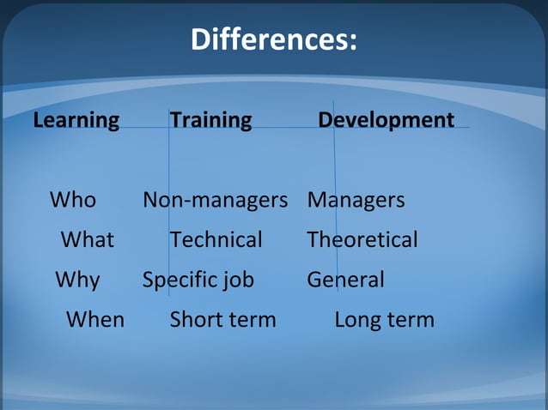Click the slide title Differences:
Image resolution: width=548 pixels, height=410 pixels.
[273, 39]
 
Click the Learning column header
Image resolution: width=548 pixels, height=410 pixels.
[76, 120]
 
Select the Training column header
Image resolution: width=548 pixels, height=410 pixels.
[210, 120]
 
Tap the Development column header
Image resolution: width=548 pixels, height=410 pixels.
[386, 120]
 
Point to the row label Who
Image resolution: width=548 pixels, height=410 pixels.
[73, 201]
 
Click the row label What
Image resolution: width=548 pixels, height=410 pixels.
[87, 240]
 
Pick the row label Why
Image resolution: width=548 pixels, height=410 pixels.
[77, 280]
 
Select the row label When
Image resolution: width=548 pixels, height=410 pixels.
[95, 320]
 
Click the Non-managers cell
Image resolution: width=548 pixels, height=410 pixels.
[215, 201]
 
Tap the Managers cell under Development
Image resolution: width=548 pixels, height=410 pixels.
[356, 201]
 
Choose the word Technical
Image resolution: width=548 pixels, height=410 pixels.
[216, 240]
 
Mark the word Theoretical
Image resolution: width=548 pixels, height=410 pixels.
[362, 240]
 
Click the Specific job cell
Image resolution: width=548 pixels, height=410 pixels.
[198, 280]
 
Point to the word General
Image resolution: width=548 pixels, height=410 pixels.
[345, 280]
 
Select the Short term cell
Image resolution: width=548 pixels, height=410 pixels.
[222, 320]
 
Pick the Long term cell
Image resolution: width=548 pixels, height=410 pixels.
[384, 320]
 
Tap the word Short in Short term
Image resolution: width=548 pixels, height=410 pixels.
[194, 320]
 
